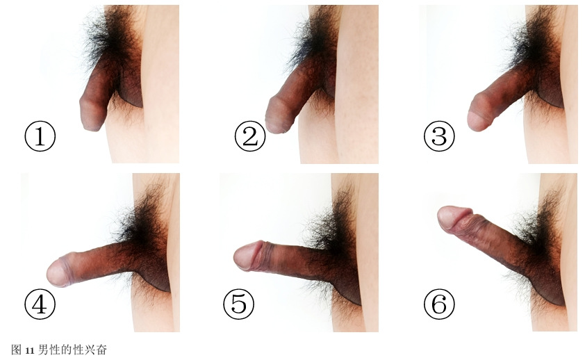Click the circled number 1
[x=40, y=136]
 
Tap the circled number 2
[x=250, y=136]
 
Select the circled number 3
[x=439, y=136]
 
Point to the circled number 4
[x=40, y=304]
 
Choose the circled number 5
[x=239, y=304]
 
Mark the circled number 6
[x=439, y=304]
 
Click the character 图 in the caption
[x=17, y=350]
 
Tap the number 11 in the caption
[x=30, y=351]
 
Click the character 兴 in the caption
[x=90, y=350]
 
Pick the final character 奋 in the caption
[x=102, y=350]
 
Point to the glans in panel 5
[x=246, y=256]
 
